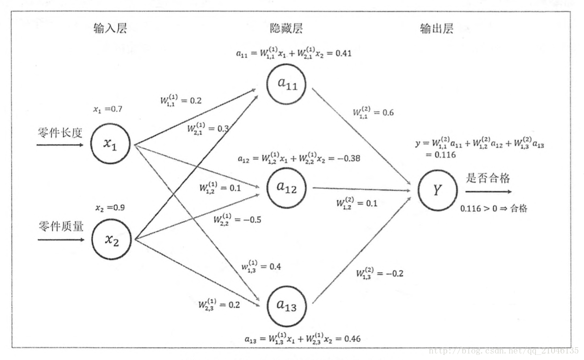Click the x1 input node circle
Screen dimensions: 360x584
pos(110,144)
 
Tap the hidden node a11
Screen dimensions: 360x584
pos(286,84)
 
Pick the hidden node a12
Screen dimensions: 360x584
pos(286,187)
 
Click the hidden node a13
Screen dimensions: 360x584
pos(286,306)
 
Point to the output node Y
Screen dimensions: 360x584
pos(437,190)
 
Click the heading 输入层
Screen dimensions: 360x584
pos(110,29)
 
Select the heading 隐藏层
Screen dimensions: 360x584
pos(286,29)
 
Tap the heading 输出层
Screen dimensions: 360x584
pos(437,29)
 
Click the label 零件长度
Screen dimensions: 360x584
pos(60,133)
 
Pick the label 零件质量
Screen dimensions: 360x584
pos(60,227)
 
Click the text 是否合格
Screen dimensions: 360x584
pos(488,178)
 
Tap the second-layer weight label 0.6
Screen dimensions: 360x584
pos(373,112)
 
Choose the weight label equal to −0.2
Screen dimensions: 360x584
pos(379,273)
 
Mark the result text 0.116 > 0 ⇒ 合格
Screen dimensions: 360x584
pos(493,209)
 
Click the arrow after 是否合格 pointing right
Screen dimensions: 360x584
pos(488,192)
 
